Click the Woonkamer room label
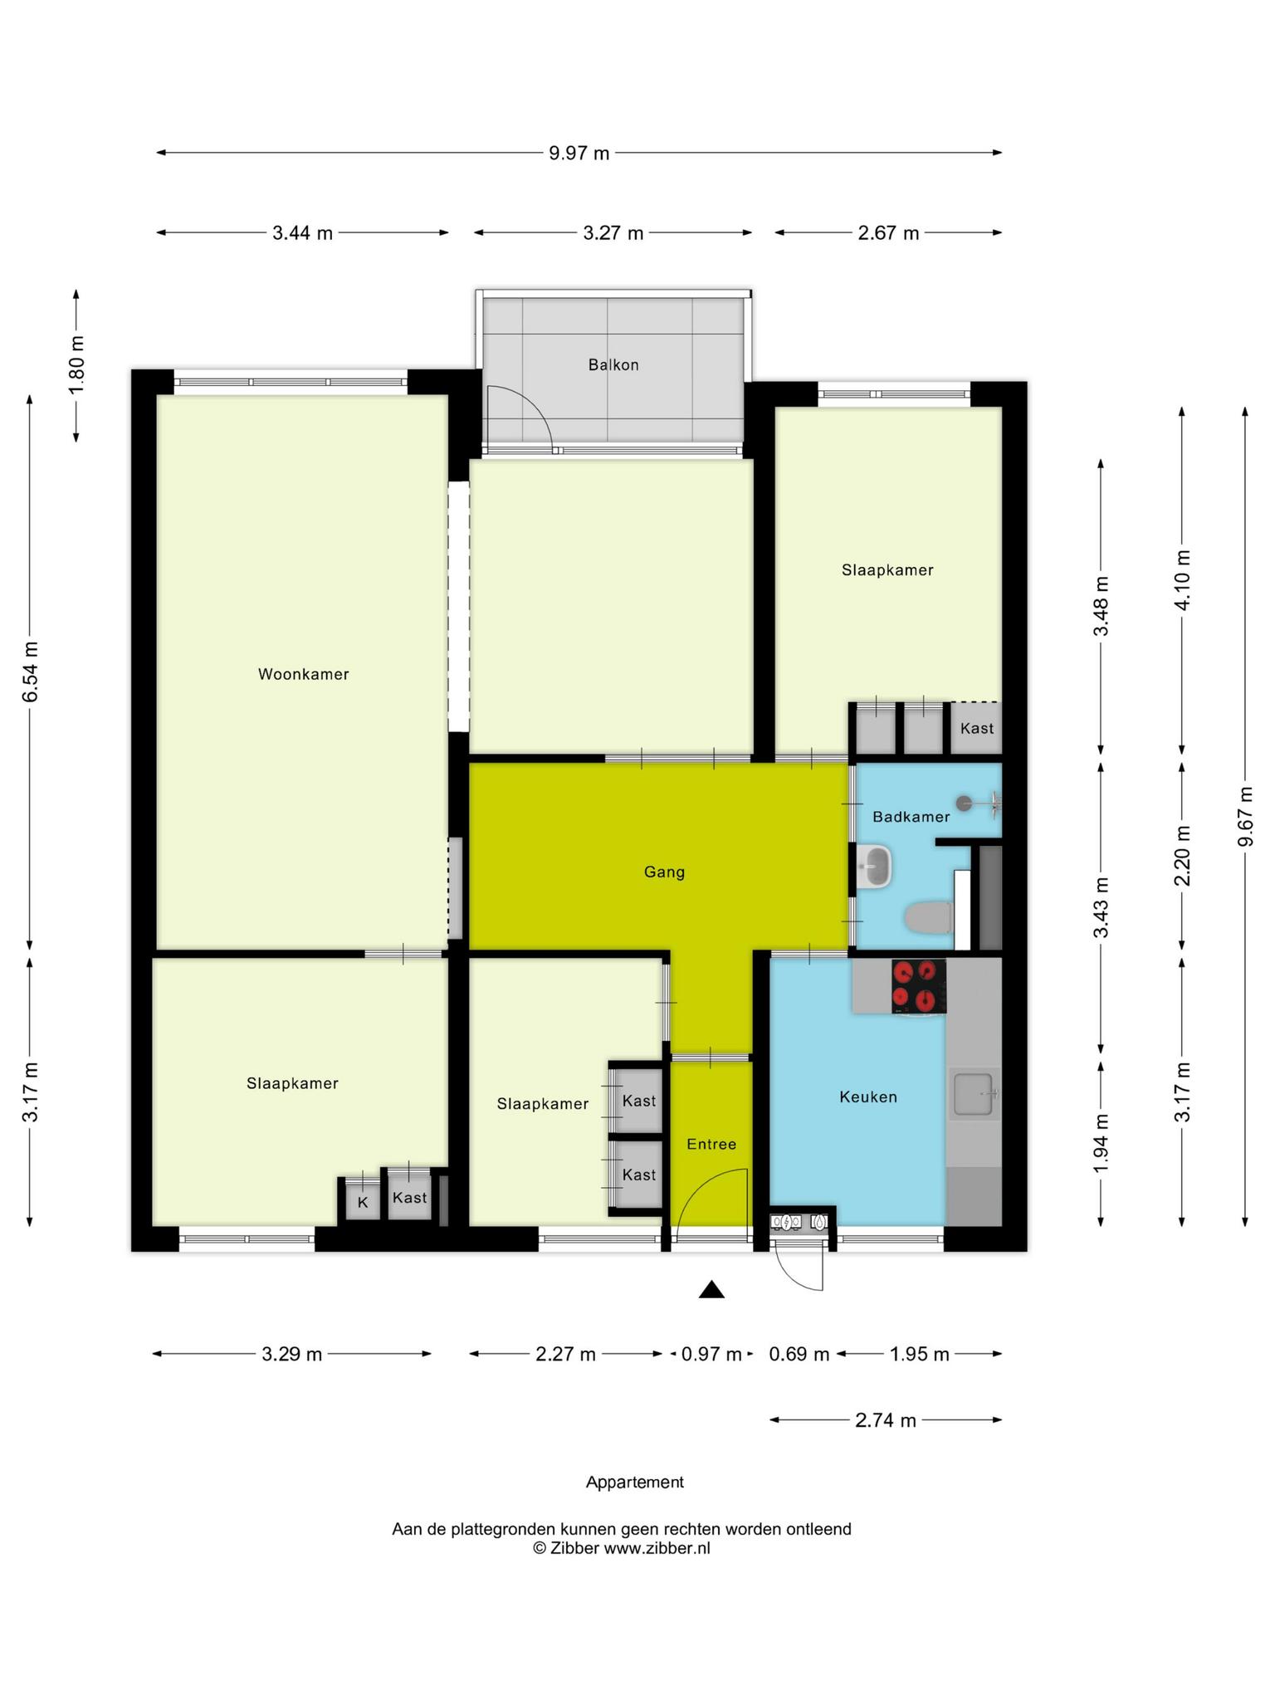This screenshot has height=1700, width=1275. pyautogui.click(x=303, y=674)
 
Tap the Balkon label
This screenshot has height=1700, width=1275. pyautogui.click(x=613, y=364)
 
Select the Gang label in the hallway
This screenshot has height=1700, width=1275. pyautogui.click(x=664, y=872)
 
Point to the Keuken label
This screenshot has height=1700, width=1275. pyautogui.click(x=868, y=1097)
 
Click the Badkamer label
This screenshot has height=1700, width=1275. pyautogui.click(x=911, y=817)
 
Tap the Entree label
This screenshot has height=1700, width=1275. pyautogui.click(x=711, y=1144)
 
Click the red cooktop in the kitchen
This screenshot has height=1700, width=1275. pyautogui.click(x=919, y=986)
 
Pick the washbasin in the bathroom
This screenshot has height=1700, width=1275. pyautogui.click(x=874, y=867)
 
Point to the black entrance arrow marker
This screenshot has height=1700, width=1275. pyautogui.click(x=711, y=1289)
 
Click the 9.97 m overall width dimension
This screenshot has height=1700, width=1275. pyautogui.click(x=579, y=153)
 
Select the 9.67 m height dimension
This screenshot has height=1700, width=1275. pyautogui.click(x=1244, y=817)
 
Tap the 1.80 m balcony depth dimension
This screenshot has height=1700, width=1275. pyautogui.click(x=76, y=365)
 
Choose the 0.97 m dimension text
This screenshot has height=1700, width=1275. pyautogui.click(x=711, y=1354)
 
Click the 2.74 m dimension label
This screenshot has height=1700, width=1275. pyautogui.click(x=886, y=1420)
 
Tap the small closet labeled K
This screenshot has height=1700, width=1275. pyautogui.click(x=363, y=1201)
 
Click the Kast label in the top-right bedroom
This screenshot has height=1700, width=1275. pyautogui.click(x=976, y=728)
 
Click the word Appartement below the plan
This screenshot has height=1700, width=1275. pyautogui.click(x=635, y=1482)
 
